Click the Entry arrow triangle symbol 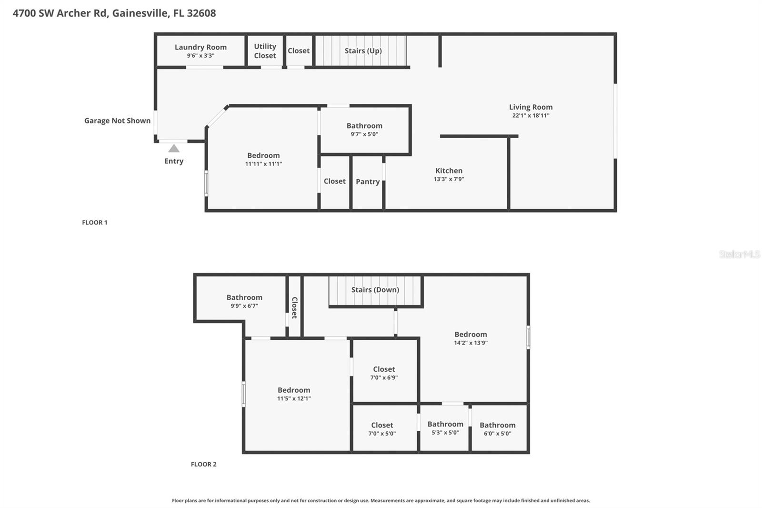point(174,149)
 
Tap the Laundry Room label point(201,47)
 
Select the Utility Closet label point(265,51)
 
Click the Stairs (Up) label point(363,51)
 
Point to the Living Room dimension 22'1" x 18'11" point(531,116)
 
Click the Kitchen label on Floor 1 point(449,171)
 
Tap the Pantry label point(368,182)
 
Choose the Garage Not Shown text point(117,121)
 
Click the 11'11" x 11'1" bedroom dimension point(263,164)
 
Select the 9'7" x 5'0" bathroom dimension point(364,134)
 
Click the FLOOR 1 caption point(95,223)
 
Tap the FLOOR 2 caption point(203,464)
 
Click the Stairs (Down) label point(375,290)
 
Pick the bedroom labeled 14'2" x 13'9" point(471,338)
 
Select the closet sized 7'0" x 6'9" point(384,373)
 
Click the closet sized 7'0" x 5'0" point(382,429)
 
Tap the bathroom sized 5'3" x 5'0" point(445,428)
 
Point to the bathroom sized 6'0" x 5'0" point(497,429)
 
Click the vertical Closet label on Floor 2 point(294,308)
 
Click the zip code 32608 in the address point(201,13)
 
